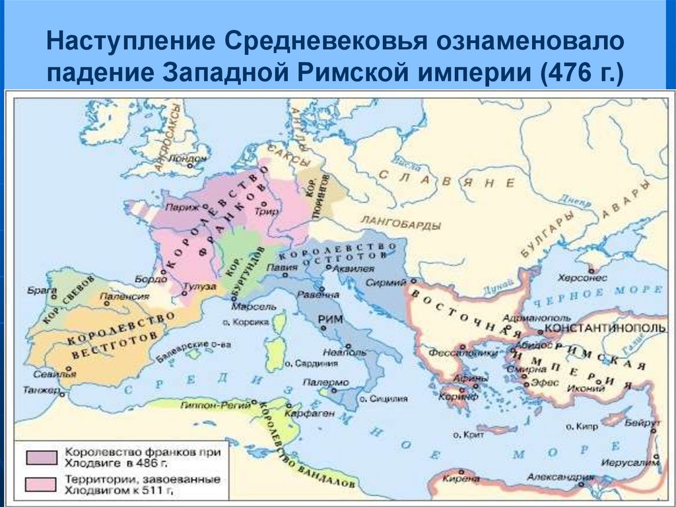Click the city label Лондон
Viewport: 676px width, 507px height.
pyautogui.click(x=188, y=159)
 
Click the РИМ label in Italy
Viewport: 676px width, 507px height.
pyautogui.click(x=329, y=319)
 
